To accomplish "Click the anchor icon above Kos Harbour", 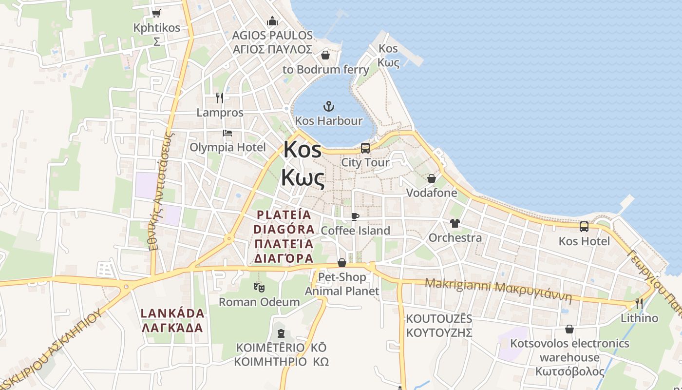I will tap(329, 106).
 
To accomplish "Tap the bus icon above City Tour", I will tap(365, 148).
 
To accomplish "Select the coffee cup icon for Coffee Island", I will tap(355, 216).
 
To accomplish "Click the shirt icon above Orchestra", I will tap(455, 223).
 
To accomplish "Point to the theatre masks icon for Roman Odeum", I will tap(259, 288).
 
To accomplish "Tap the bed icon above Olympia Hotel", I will tap(227, 133).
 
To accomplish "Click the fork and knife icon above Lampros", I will tap(220, 98).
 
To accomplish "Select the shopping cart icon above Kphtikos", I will tap(156, 13).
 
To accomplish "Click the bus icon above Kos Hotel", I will tap(584, 227).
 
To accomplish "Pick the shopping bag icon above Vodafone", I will tap(431, 178).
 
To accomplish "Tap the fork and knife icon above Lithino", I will tap(639, 304).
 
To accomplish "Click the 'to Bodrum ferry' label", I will tap(326, 70).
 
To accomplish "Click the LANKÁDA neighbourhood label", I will tap(172, 320).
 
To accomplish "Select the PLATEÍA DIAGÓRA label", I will tap(284, 236).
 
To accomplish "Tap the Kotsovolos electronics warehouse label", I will tap(569, 357).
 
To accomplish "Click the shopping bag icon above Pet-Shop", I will tap(342, 263).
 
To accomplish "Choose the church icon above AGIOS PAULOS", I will tap(272, 21).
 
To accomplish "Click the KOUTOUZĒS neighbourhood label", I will tap(439, 326).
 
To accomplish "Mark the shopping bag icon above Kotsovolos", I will tap(569, 330).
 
